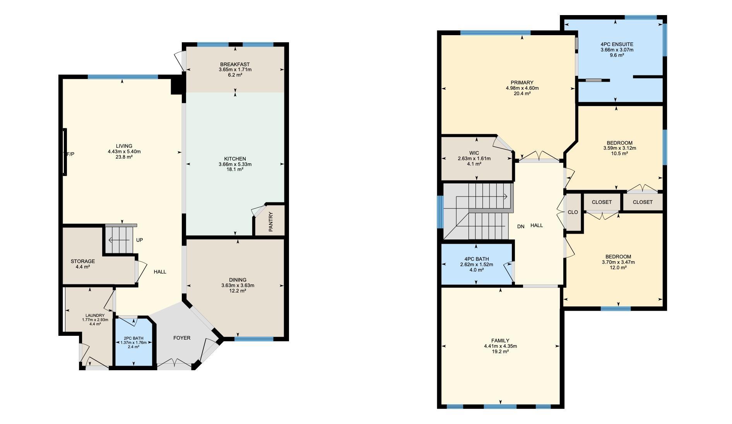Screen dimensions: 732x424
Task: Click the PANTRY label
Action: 271,222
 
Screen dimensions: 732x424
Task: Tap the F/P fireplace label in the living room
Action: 70,154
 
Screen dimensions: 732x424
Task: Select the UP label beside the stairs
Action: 140,240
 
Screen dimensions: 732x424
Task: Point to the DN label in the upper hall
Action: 521,226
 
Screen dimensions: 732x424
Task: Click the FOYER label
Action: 182,338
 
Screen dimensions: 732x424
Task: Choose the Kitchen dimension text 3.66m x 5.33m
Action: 235,164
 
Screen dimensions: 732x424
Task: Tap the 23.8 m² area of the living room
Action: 124,157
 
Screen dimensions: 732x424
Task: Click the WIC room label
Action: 474,153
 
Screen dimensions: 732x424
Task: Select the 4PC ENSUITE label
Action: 617,44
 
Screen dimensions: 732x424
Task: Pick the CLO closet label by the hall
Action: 573,212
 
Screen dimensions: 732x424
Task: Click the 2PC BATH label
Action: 133,339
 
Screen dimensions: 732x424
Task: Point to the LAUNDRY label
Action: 95,316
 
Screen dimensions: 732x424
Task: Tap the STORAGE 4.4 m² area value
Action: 83,267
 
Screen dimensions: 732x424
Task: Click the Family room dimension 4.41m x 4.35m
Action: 500,346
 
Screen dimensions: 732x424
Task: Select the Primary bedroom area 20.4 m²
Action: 522,93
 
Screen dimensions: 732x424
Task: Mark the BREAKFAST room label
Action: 235,64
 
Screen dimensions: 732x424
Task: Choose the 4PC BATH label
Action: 477,259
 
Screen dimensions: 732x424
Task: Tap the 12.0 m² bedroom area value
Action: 618,267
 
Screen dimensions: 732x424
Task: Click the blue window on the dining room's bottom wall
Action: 254,339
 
